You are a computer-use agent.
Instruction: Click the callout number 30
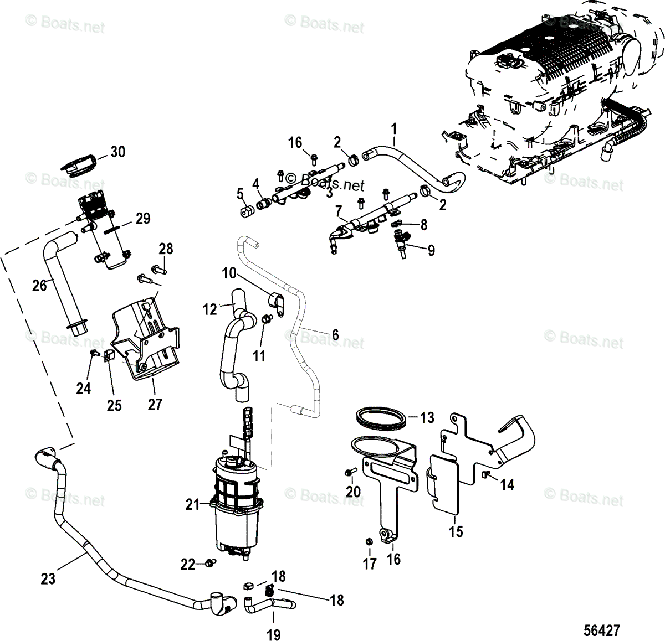pyautogui.click(x=117, y=152)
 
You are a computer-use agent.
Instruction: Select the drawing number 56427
pyautogui.click(x=601, y=630)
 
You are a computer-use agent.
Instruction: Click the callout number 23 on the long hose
pyautogui.click(x=48, y=579)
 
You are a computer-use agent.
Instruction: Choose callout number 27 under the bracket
pyautogui.click(x=155, y=404)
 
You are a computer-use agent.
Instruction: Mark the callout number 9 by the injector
pyautogui.click(x=430, y=250)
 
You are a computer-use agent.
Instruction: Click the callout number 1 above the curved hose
pyautogui.click(x=394, y=130)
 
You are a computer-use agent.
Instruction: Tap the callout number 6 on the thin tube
pyautogui.click(x=335, y=335)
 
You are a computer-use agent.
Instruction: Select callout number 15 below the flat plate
pyautogui.click(x=456, y=532)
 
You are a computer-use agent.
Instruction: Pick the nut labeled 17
pyautogui.click(x=368, y=541)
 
